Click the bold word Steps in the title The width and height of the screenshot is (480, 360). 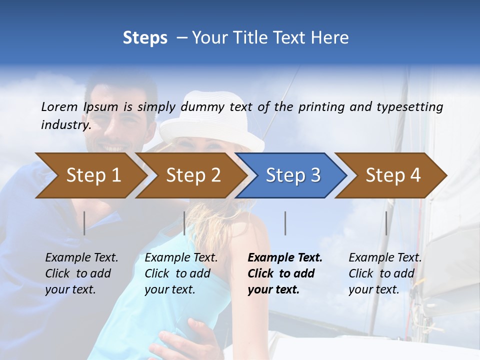coord(145,38)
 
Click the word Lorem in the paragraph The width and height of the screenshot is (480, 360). coord(59,106)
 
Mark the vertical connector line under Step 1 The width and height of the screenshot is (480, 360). coord(84,223)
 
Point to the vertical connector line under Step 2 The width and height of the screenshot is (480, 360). coord(184,223)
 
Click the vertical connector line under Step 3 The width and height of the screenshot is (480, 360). coord(285,223)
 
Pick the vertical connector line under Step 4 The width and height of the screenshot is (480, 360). coord(386,223)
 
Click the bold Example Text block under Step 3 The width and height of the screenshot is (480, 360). coord(285,273)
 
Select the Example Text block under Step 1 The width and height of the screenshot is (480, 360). coord(81,273)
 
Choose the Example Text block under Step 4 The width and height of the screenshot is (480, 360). coord(385,273)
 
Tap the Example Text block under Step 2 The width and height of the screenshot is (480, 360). coord(181,273)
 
